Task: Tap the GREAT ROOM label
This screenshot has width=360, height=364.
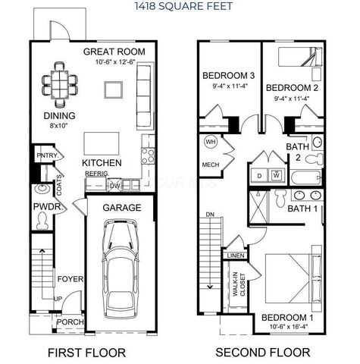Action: coord(114,52)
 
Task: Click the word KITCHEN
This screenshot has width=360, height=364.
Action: coord(102,162)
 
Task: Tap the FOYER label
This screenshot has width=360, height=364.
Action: coord(71,278)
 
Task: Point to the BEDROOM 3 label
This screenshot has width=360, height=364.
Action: coord(227,76)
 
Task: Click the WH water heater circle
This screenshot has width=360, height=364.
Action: coord(211,142)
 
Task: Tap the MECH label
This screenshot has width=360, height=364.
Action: coord(210,165)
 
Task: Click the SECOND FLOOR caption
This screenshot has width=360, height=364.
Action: coord(262,352)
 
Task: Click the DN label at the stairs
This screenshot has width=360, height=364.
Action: coord(210,215)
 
